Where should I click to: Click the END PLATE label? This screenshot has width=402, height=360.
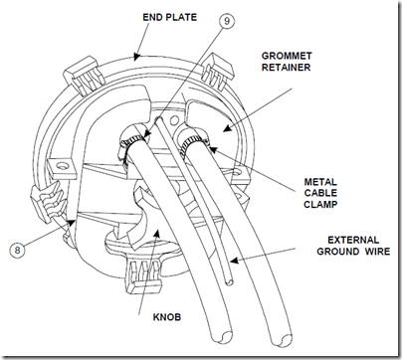(169, 17)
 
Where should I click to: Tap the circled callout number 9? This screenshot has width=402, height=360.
(226, 21)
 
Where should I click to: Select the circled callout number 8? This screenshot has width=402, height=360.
(17, 250)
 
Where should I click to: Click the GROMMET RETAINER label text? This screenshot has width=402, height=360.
(287, 62)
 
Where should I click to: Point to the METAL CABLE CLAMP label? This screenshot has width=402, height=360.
(320, 193)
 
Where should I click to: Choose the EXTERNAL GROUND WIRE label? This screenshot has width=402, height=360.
(353, 246)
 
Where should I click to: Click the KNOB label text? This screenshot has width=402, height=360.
(167, 317)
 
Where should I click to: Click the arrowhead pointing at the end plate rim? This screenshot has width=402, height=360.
(136, 58)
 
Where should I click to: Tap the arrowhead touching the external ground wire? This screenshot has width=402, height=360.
(234, 261)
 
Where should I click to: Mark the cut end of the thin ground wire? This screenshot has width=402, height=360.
(229, 282)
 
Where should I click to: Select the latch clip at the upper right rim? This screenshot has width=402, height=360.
(218, 73)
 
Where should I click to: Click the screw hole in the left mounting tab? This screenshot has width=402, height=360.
(61, 165)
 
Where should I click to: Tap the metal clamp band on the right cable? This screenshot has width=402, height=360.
(194, 144)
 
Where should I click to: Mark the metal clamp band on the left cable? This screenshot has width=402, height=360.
(131, 142)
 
